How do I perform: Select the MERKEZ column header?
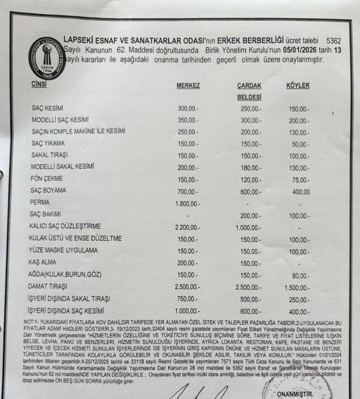(x=188, y=86)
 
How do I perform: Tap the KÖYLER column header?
(x=297, y=86)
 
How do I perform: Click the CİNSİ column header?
(x=39, y=84)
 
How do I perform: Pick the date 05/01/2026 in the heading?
(x=290, y=50)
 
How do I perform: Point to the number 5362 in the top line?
(x=333, y=41)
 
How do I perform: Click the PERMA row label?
(x=40, y=202)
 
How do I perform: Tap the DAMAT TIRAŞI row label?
(x=48, y=287)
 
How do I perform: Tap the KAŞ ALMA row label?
(x=42, y=263)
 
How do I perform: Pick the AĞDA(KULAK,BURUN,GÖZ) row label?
(x=65, y=275)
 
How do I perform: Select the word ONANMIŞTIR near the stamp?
(x=295, y=394)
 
